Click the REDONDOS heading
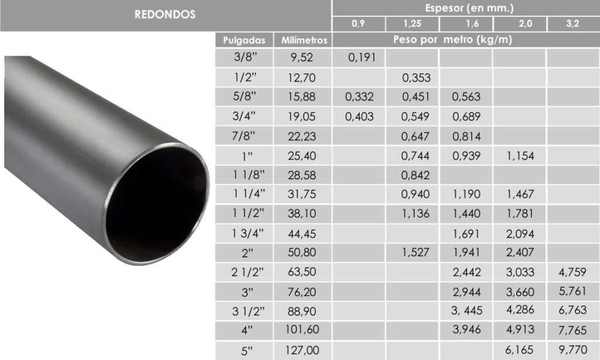(x=165, y=15)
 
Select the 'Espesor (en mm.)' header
(x=469, y=8)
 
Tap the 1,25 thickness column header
(x=412, y=23)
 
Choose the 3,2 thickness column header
(x=572, y=23)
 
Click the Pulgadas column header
(x=244, y=40)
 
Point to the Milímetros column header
(x=304, y=40)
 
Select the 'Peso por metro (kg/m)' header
(x=453, y=39)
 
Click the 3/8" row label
(x=246, y=57)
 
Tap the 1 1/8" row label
(x=248, y=175)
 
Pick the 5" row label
(x=247, y=351)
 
